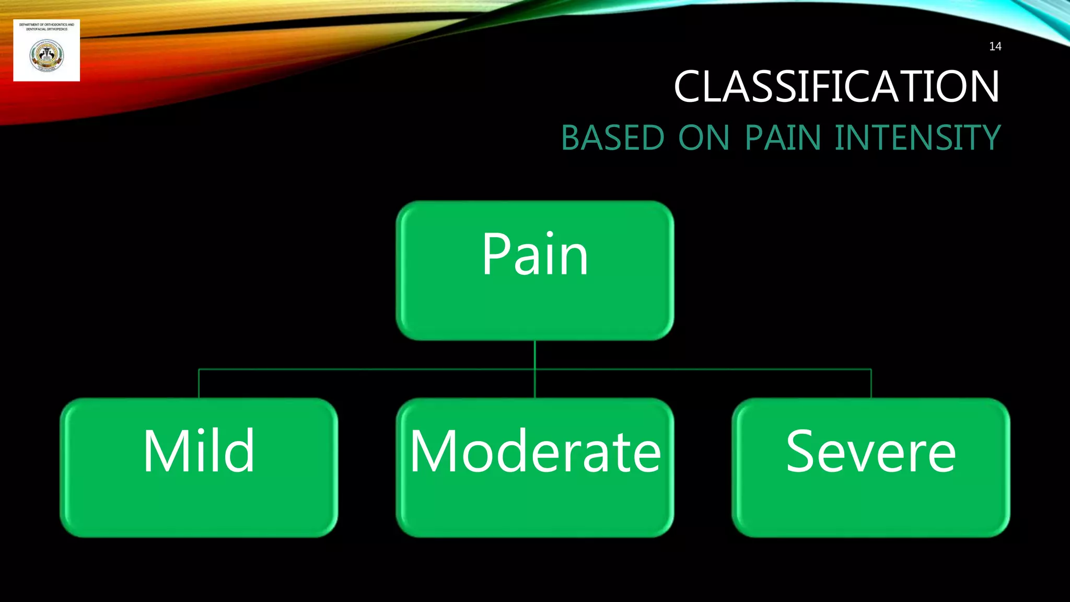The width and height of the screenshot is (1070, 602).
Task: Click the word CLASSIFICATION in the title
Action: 836,86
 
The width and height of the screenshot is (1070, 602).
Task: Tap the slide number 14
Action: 995,47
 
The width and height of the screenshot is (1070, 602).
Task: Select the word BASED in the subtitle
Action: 612,138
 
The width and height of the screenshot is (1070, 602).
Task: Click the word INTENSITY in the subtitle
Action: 917,138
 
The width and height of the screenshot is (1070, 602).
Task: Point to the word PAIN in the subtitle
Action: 783,138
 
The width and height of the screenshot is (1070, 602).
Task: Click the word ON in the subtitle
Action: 704,138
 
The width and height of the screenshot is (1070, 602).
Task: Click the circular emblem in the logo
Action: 46,56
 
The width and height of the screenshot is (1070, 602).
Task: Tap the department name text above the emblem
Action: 46,27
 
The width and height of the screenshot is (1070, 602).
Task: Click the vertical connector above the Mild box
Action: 199,384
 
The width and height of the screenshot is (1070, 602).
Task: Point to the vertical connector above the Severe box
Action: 871,384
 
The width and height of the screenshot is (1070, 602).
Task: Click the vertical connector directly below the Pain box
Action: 535,355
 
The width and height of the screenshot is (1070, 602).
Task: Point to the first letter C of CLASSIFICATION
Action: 691,86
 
